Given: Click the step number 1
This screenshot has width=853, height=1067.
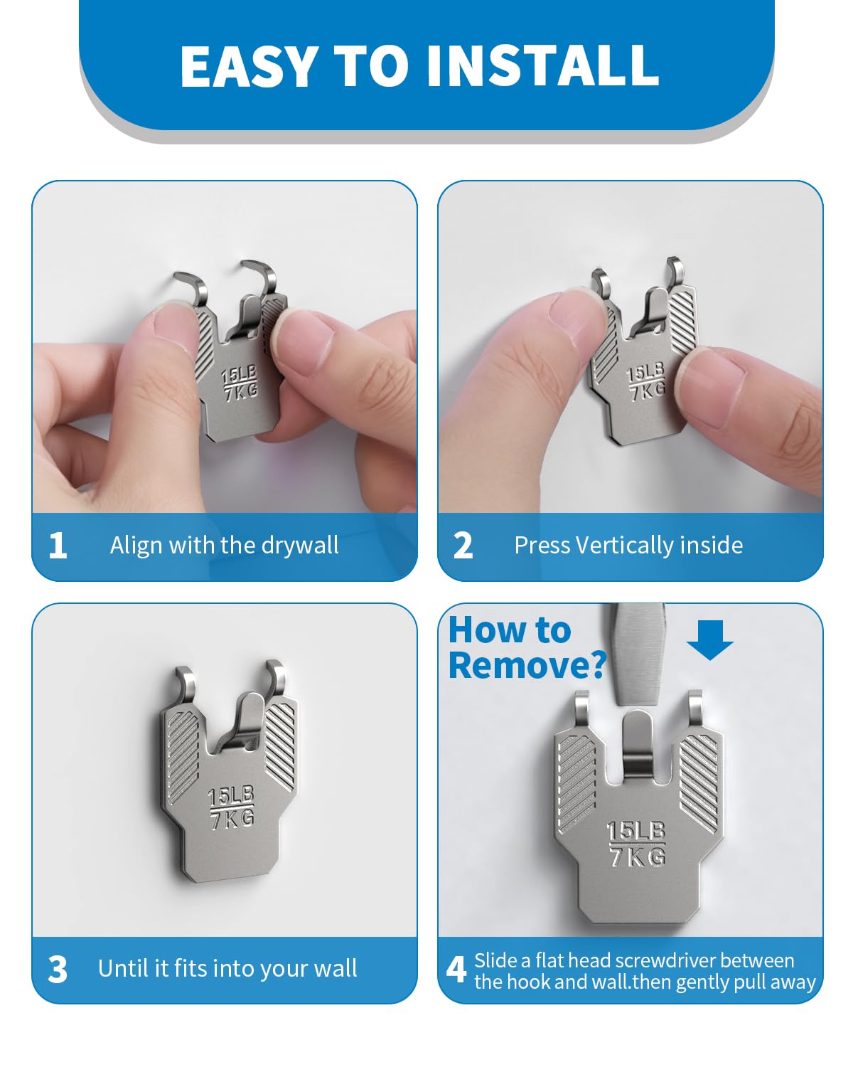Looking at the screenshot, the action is click(x=58, y=546).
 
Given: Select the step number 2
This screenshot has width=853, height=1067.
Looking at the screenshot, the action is click(x=463, y=546).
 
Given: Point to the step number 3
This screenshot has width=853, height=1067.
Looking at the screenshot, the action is click(x=58, y=969).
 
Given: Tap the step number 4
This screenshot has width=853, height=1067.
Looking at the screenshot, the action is click(x=456, y=969).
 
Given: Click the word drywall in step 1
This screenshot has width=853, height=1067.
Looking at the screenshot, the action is click(x=300, y=546).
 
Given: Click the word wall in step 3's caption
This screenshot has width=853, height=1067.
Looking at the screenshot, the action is click(x=336, y=968).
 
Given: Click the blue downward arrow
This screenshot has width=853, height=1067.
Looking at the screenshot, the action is click(x=709, y=639).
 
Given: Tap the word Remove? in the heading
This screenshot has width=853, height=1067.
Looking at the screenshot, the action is click(x=527, y=665).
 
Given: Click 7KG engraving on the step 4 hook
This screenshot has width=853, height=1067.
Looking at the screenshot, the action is click(x=638, y=856).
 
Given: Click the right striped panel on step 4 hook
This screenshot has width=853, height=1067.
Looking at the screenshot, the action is click(x=699, y=782).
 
